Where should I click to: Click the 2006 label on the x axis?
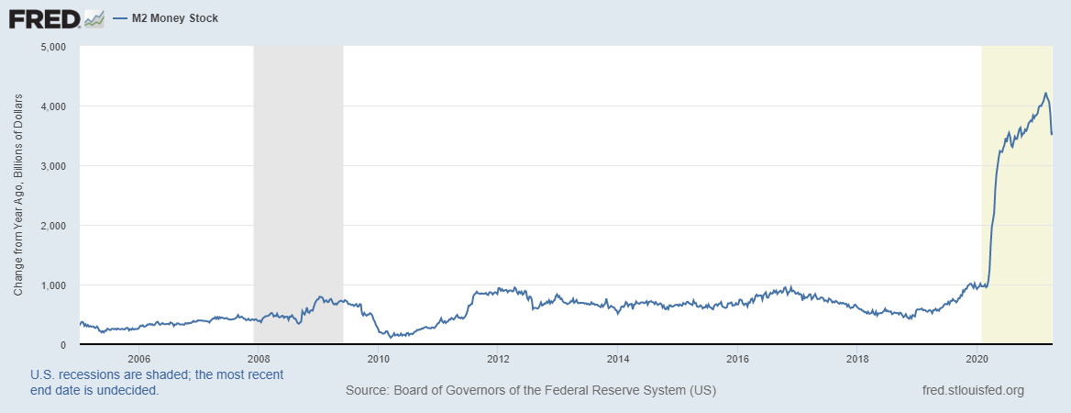point(139,358)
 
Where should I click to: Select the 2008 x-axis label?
point(259,358)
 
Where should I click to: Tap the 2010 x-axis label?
point(379,358)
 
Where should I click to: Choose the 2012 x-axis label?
point(498,358)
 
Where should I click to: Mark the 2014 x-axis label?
point(618,358)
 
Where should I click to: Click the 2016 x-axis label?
point(737,358)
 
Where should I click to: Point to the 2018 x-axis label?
point(857,358)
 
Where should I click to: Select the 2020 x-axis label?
point(977,358)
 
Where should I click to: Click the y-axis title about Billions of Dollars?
point(18,195)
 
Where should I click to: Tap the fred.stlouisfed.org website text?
point(973,390)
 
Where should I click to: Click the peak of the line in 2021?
point(1045,93)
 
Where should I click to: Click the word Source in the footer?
point(366,390)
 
